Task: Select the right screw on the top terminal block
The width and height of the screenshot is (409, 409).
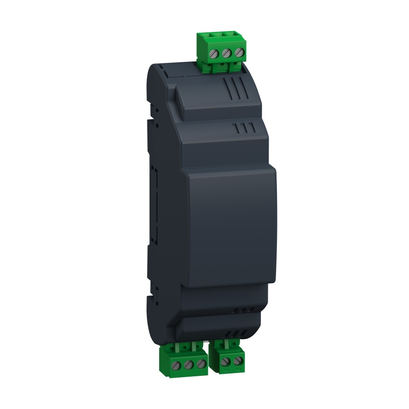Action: (240, 52)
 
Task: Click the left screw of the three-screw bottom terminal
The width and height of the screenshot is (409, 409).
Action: (177, 364)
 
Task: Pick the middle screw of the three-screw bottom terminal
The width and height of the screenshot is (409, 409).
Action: (189, 364)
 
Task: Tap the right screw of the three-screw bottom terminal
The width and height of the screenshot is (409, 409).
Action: (200, 363)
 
